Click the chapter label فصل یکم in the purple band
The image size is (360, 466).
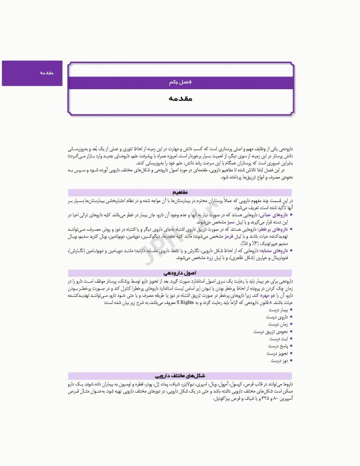point(180,81)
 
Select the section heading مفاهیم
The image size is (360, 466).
point(180,192)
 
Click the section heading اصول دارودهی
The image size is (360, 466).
point(180,274)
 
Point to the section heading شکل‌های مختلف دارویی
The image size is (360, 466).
point(180,376)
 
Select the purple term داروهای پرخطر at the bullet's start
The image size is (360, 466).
point(274,230)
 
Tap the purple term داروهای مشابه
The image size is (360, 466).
point(274,250)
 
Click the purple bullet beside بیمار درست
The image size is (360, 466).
point(291,309)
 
